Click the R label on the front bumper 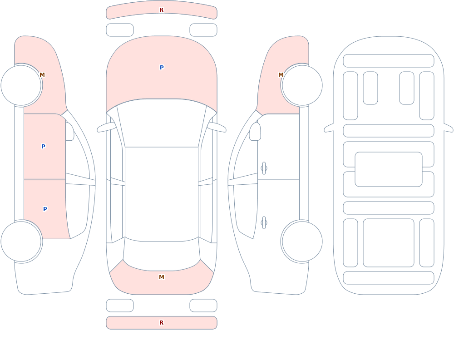(161, 10)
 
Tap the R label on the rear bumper (161, 323)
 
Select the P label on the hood (162, 68)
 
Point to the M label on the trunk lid (162, 277)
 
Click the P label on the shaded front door (43, 146)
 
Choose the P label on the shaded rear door (45, 209)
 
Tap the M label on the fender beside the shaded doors (42, 75)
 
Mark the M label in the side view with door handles (281, 75)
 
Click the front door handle (264, 168)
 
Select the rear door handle (264, 223)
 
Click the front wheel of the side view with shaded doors (21, 85)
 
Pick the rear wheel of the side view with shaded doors (21, 242)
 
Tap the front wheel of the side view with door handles (302, 85)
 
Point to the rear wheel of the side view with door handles (302, 242)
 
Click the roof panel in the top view (162, 194)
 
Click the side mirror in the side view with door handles (255, 132)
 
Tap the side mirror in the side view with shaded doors (69, 132)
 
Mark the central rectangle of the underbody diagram (389, 169)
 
